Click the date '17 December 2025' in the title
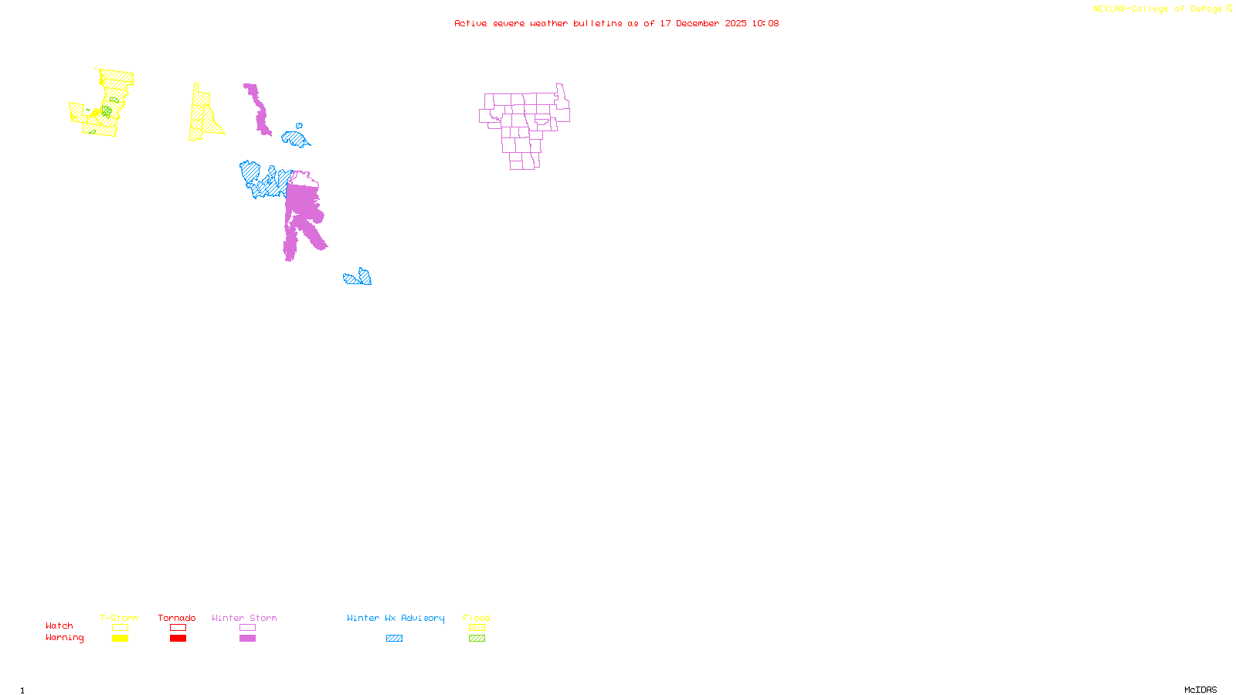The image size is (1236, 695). [703, 23]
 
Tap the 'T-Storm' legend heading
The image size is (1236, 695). [119, 618]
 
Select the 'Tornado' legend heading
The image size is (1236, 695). [177, 618]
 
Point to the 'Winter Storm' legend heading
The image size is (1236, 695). [244, 618]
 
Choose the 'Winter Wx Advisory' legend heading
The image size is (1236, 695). [396, 618]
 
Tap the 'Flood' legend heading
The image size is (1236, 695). [477, 618]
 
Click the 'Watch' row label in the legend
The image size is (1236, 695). [59, 626]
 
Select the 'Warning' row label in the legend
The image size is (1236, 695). [65, 638]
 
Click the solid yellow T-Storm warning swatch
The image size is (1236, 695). [120, 639]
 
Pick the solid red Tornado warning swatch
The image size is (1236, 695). [178, 639]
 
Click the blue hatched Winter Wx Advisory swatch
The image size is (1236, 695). [394, 639]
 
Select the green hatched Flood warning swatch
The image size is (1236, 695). [477, 639]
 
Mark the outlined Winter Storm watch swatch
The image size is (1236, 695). [247, 628]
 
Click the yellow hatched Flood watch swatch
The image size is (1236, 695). [477, 628]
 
